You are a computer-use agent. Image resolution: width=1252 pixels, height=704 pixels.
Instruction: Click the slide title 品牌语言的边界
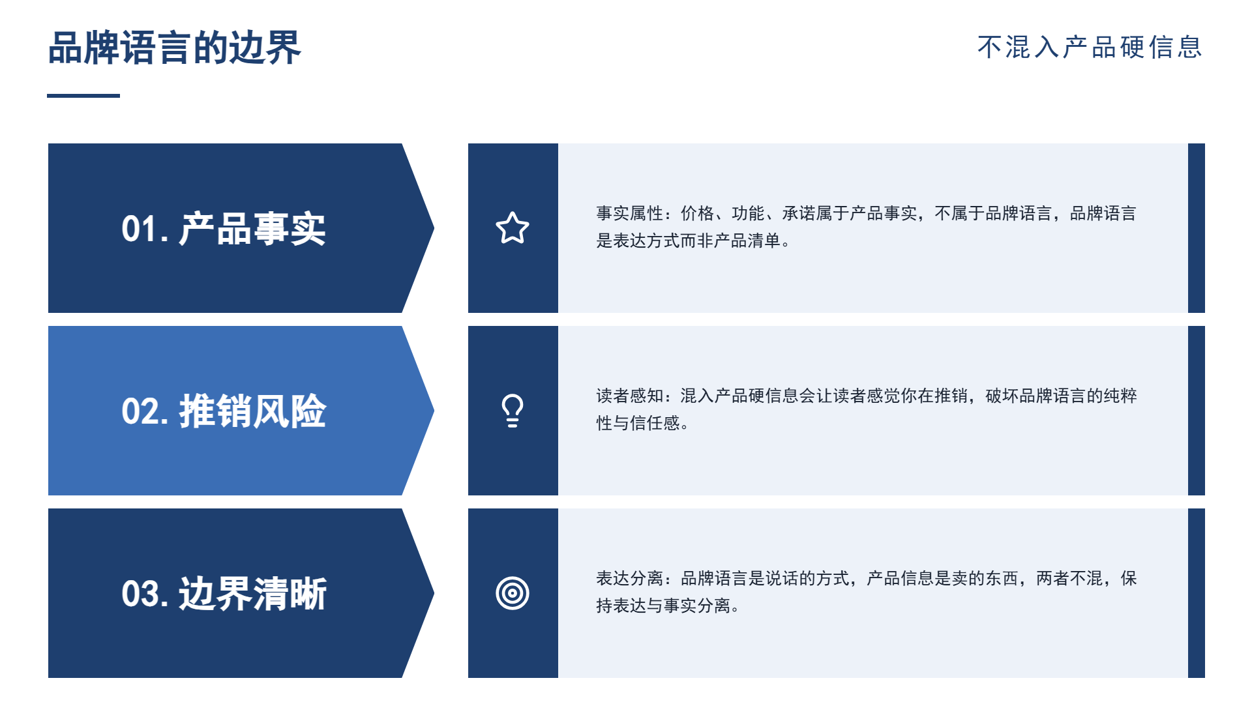174,48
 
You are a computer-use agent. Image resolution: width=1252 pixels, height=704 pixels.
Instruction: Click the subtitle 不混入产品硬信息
1090,47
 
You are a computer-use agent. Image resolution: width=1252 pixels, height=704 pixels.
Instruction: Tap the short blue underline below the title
83,96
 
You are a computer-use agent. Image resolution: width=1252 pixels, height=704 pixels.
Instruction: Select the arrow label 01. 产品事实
224,229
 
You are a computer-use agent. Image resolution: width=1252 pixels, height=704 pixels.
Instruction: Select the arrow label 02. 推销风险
224,411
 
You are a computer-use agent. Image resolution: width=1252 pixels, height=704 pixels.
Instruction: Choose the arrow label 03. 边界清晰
224,594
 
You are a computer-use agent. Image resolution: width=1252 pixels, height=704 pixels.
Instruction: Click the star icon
513,228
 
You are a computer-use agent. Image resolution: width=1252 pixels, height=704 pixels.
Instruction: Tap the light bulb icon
513,411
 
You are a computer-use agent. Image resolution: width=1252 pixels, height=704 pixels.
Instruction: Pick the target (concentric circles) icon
513,593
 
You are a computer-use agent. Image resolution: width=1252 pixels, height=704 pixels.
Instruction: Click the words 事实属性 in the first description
629,213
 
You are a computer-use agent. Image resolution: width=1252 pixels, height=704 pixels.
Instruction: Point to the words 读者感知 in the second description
629,396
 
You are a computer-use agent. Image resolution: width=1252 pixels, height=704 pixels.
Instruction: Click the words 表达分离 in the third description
629,578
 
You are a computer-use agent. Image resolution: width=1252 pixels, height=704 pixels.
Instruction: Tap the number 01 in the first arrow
140,229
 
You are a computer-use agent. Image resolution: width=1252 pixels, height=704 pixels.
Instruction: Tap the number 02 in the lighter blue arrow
140,412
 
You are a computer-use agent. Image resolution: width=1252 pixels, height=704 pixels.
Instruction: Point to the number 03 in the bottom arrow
140,594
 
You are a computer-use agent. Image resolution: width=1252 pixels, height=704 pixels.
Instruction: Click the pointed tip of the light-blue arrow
434,411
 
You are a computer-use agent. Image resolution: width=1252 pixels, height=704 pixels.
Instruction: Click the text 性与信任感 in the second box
638,423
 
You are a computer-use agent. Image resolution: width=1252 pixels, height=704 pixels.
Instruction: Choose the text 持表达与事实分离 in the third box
664,606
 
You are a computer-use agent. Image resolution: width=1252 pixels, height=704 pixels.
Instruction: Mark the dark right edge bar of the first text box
1197,228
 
